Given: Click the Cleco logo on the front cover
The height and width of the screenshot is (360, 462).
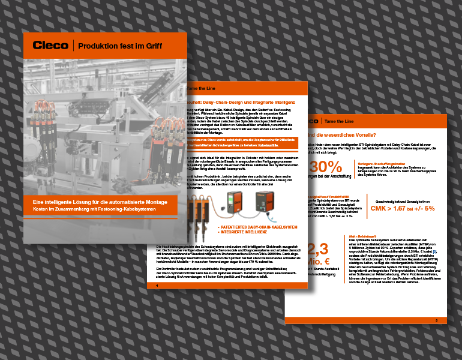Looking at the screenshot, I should click(x=50, y=45).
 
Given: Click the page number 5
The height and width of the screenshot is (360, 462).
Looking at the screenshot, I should click(x=436, y=321).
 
